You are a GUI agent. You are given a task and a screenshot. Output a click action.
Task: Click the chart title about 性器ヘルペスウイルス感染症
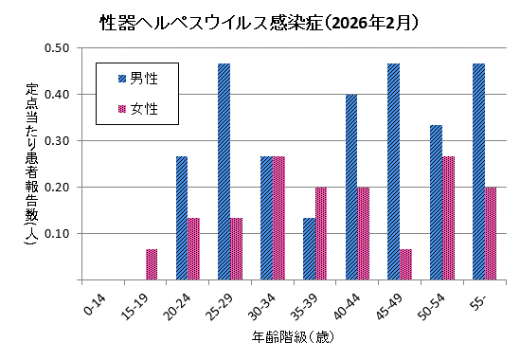point(260,20)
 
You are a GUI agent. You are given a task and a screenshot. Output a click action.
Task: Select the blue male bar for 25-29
point(224,171)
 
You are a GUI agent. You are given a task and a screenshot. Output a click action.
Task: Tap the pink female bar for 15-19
point(152,264)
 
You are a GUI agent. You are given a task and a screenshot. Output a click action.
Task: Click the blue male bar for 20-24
point(182,218)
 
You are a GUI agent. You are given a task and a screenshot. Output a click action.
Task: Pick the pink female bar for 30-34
point(279,218)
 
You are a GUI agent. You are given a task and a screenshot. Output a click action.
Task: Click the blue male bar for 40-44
point(351,187)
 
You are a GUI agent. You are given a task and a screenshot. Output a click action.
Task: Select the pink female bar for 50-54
point(449,218)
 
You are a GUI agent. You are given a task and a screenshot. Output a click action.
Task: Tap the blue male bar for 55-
point(478,171)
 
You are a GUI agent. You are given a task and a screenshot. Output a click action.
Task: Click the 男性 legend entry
point(137,78)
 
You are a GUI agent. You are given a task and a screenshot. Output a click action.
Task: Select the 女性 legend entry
point(137,109)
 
